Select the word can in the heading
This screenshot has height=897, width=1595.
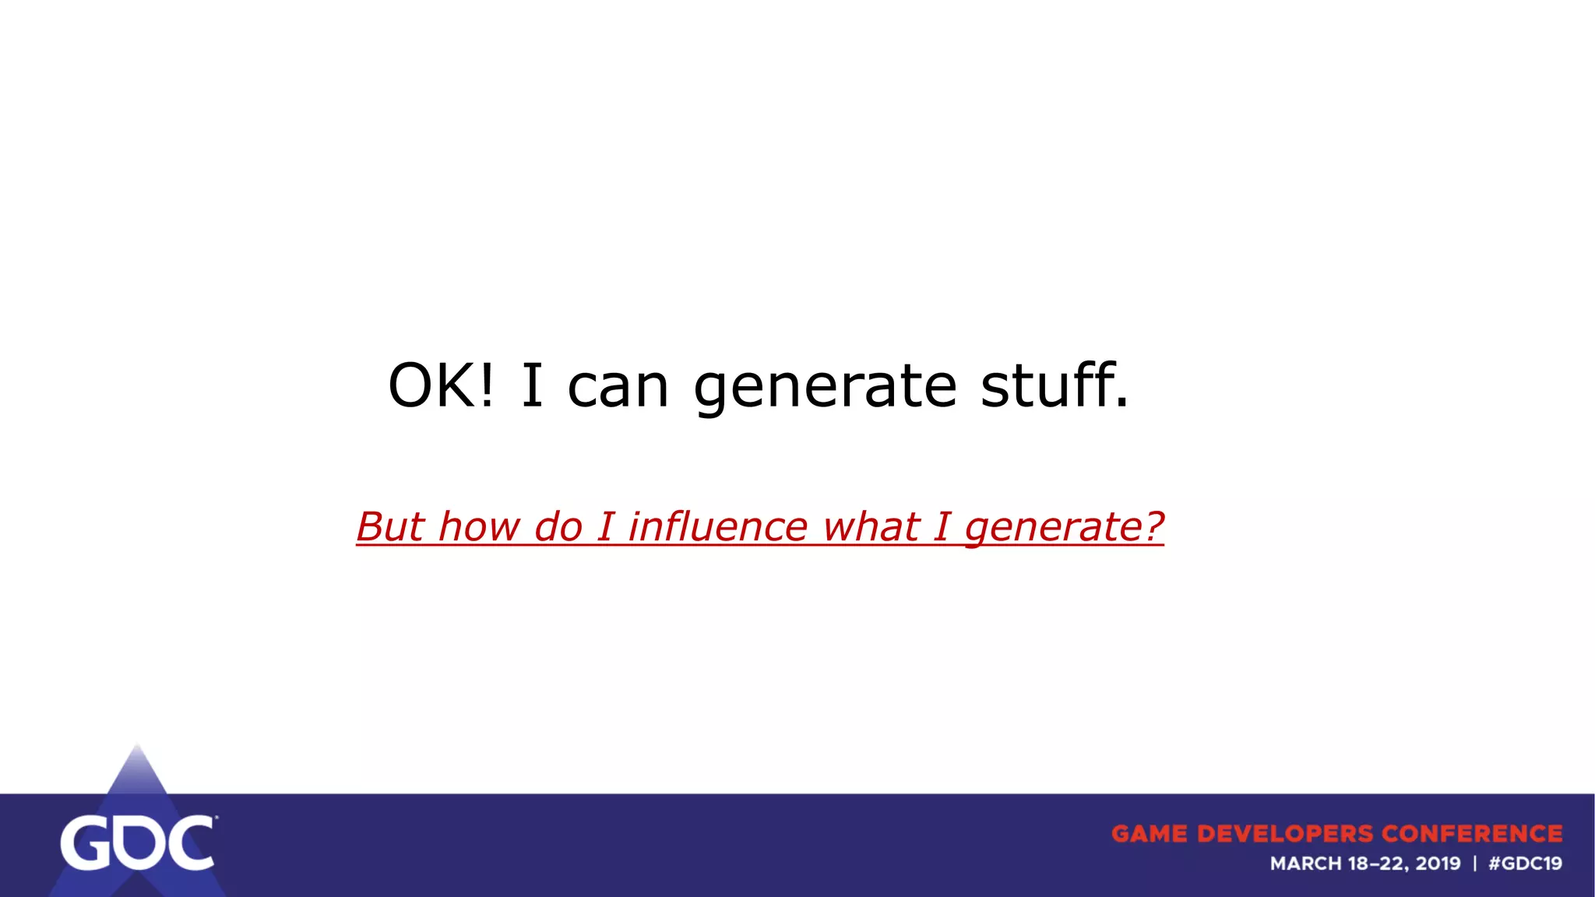click(618, 387)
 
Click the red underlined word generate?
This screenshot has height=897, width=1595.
click(1064, 528)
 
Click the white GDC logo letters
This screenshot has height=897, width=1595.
click(138, 843)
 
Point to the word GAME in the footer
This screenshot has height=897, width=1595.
click(1150, 834)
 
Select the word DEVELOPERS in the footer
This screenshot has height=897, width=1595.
click(1285, 834)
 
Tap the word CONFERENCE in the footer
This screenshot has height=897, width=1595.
click(1472, 834)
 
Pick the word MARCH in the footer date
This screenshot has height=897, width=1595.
click(1306, 864)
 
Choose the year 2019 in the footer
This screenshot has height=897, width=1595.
click(1438, 864)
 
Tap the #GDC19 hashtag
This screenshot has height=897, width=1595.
click(1525, 864)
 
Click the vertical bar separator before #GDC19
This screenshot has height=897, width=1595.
click(1474, 864)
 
